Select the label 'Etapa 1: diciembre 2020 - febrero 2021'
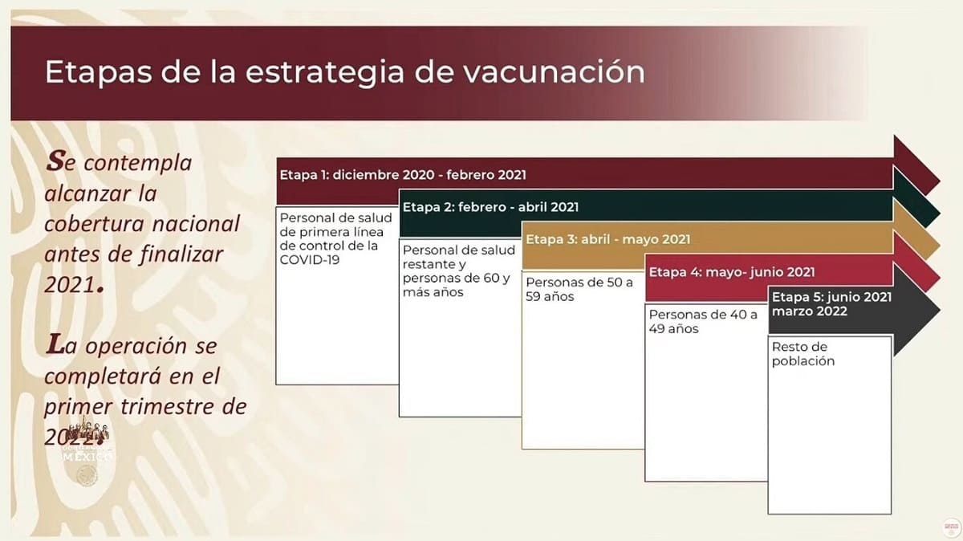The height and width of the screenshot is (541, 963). pos(403,174)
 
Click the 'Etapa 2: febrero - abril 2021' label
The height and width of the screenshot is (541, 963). pos(490,207)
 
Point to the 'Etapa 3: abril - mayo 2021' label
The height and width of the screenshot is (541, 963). pos(607,239)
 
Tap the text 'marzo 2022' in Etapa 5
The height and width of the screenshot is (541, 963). pos(809,311)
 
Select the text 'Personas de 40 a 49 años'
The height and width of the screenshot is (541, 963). pos(702,321)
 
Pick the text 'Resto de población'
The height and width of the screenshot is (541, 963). pos(803,354)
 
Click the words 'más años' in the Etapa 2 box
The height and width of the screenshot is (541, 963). pos(433,293)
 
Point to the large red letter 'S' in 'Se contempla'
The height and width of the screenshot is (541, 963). pos(54,161)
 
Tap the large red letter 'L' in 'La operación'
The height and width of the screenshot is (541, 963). pos(55,346)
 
